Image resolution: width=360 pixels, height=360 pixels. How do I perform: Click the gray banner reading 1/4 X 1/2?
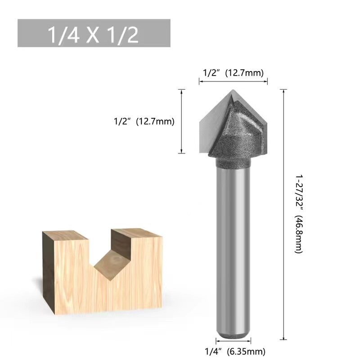click(94, 33)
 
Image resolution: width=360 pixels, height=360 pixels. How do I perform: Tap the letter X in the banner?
click(93, 35)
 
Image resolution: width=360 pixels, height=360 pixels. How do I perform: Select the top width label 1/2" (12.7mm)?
click(233, 73)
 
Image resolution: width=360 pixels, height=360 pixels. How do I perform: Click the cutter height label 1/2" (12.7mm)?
click(144, 121)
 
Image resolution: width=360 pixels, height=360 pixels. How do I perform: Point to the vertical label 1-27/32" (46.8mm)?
click(299, 214)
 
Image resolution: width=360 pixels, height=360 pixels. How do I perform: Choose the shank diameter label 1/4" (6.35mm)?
click(235, 351)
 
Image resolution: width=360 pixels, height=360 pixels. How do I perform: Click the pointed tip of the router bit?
click(233, 90)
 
